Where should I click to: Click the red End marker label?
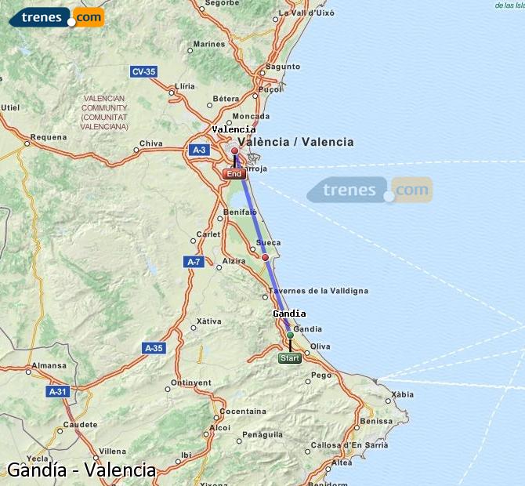[x=234, y=174]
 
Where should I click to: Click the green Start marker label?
[x=289, y=358]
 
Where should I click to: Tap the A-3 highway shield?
[x=199, y=150]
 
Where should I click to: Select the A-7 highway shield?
[x=194, y=261]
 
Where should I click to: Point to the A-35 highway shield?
[x=154, y=347]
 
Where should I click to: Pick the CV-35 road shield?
[x=143, y=71]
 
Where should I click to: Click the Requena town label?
[x=43, y=137]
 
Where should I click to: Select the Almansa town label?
[x=49, y=365]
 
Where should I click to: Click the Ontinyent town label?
[x=191, y=383]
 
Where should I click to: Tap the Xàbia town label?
[x=402, y=394]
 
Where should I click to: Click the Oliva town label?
[x=320, y=346]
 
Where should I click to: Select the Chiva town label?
[x=150, y=143]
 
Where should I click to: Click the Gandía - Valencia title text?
[x=81, y=470]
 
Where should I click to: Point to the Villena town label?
[x=113, y=452]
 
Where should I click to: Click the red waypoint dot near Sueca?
[x=265, y=257]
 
